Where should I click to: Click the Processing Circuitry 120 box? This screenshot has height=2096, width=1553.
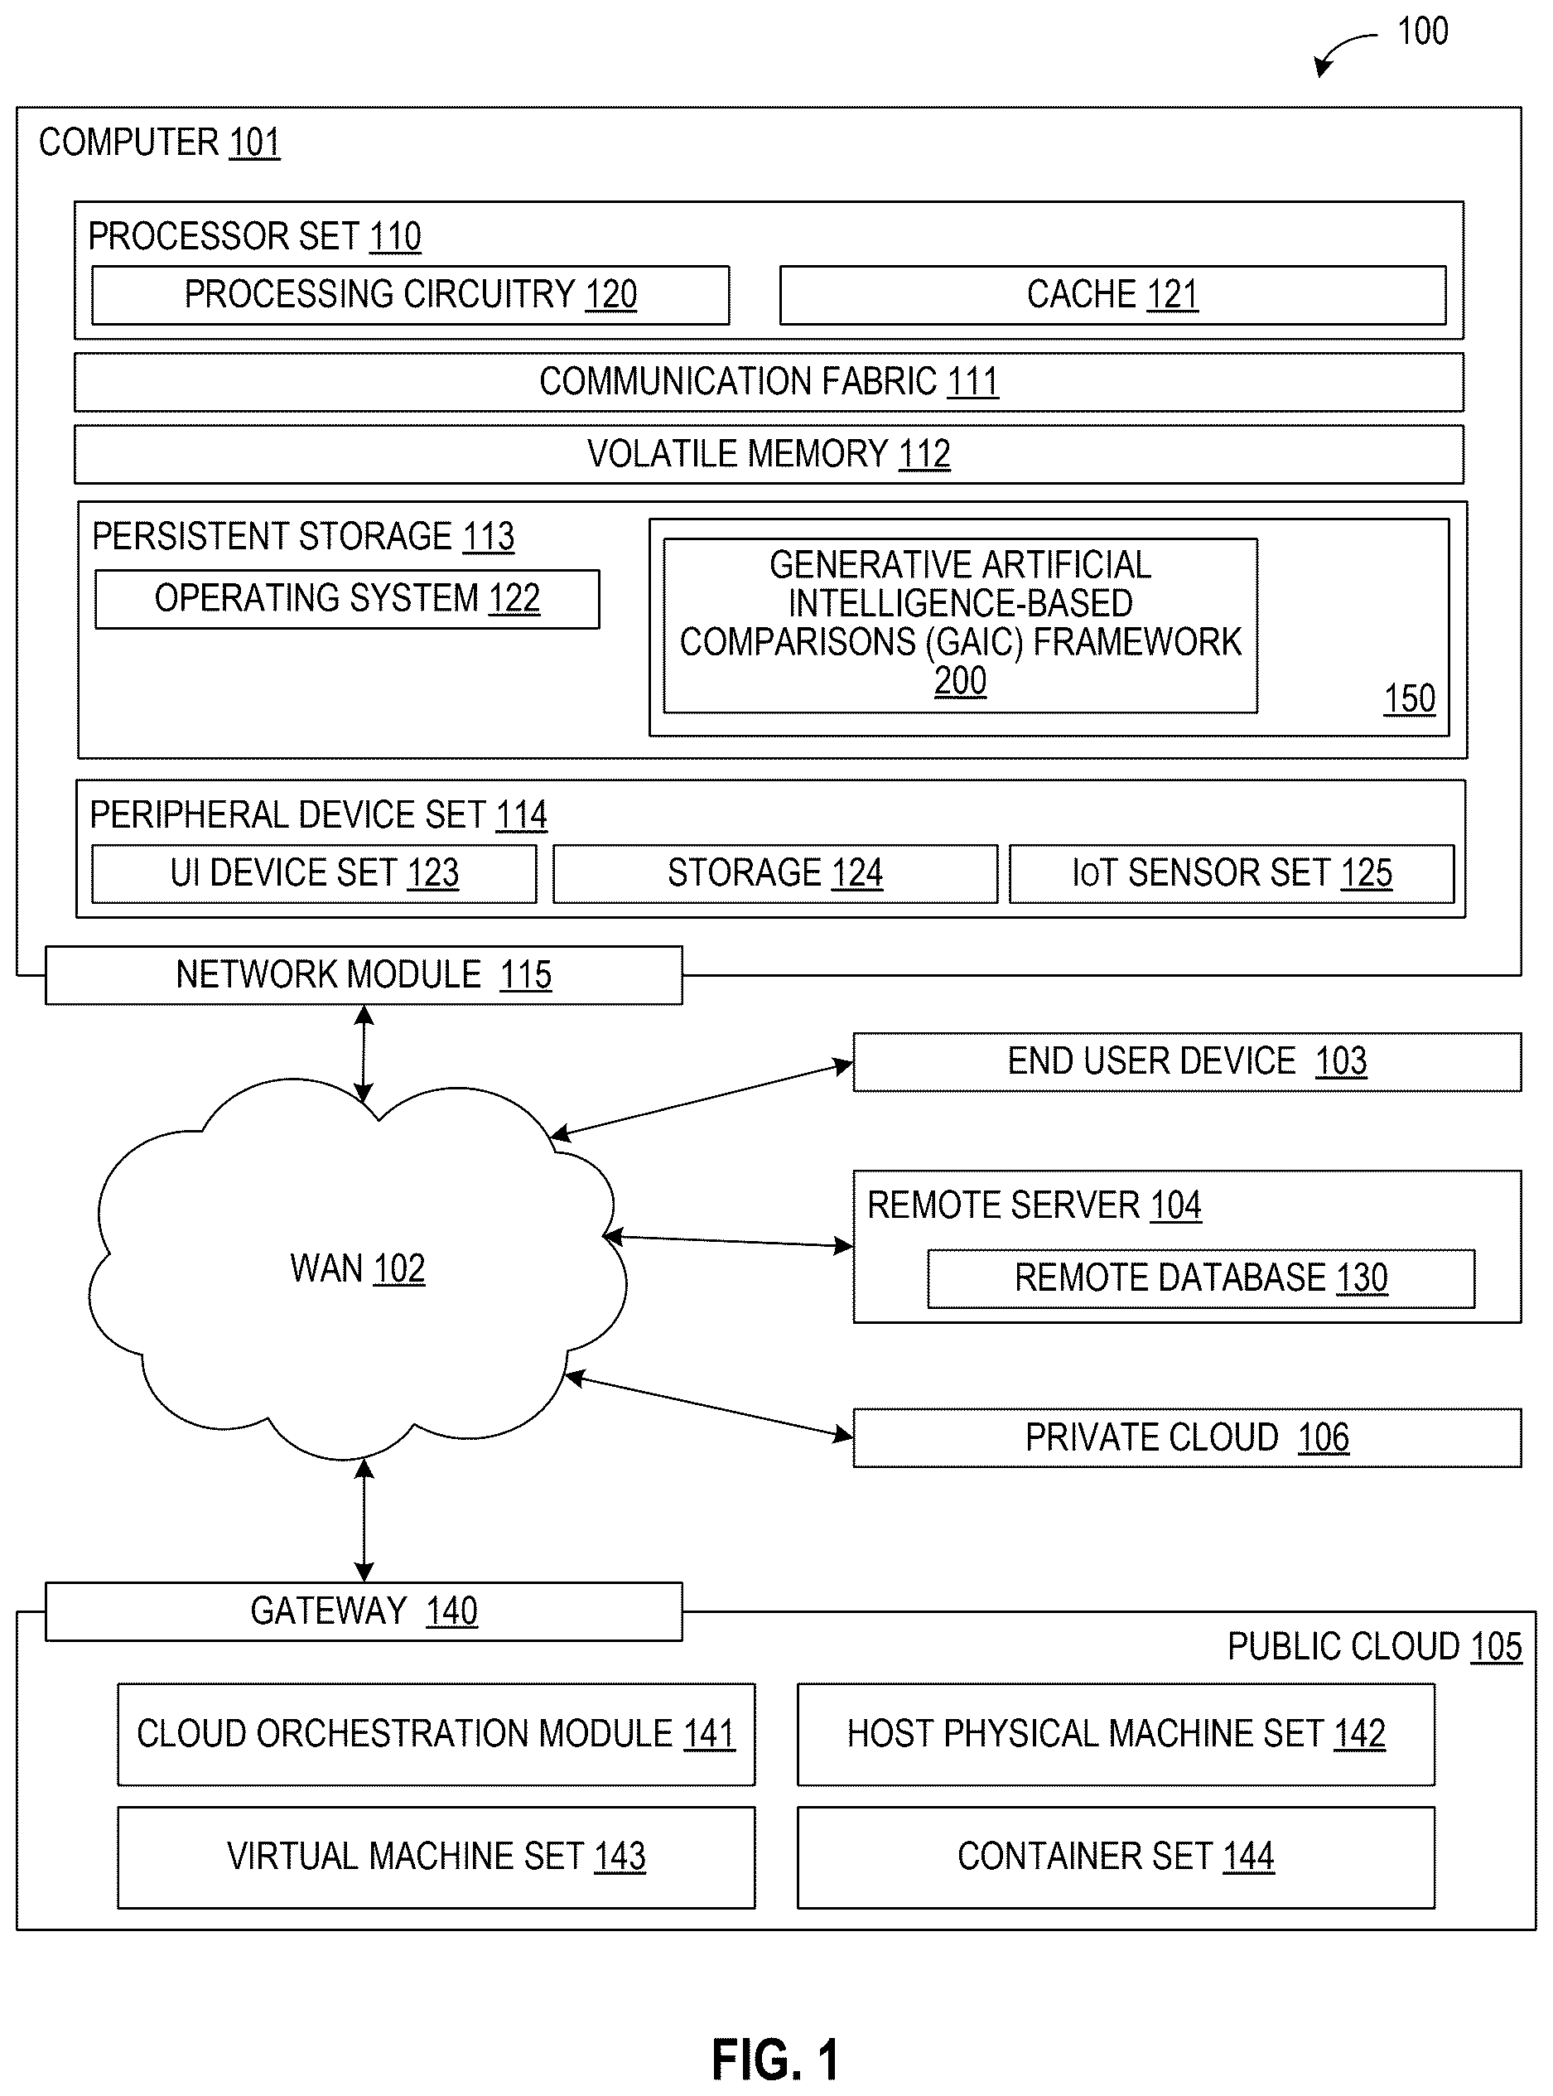point(411,295)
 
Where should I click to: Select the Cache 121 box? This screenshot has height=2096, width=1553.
point(1113,295)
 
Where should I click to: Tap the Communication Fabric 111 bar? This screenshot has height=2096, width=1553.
point(769,382)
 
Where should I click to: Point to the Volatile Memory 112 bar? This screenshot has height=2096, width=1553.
point(769,454)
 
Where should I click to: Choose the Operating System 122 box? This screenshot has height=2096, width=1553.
point(347,599)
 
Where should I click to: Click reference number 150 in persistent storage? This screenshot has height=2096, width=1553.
point(1409,698)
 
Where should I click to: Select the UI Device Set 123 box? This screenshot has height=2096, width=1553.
point(314,873)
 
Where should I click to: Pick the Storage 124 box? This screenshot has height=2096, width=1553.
point(775,873)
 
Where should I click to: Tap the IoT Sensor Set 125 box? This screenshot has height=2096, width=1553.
point(1232,873)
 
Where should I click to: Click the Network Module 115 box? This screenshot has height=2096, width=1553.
point(364,975)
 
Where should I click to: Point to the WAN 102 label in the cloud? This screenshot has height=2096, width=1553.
point(357,1268)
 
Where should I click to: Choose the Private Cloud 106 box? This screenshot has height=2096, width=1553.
point(1187,1437)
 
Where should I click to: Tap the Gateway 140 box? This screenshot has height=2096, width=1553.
point(364,1611)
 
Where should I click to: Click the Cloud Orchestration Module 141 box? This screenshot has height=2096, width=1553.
point(436,1734)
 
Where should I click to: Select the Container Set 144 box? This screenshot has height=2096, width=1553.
point(1116,1857)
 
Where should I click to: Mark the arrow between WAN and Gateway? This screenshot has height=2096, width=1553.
point(364,1520)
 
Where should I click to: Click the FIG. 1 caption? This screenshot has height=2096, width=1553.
point(775,2060)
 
